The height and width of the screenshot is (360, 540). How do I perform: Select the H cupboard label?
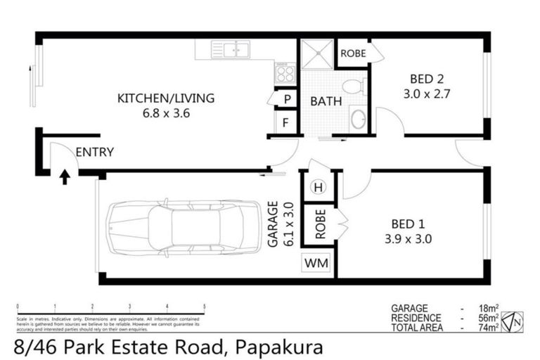coord(318,187)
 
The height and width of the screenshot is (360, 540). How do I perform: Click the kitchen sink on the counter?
coord(232,50)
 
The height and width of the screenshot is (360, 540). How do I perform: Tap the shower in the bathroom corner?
coord(316,53)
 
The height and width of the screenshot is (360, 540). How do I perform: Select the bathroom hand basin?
coord(357,119)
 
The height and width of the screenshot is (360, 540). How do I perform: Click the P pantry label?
coord(287,100)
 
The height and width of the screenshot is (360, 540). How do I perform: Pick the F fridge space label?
coord(287,124)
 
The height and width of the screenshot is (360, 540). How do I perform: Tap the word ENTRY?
coord(94,152)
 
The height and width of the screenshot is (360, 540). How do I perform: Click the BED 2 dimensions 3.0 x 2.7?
coord(420,91)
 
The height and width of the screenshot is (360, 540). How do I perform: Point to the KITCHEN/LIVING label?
coord(165,98)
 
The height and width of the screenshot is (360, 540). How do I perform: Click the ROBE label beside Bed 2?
coord(353,53)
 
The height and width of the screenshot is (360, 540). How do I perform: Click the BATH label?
coord(326,101)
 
